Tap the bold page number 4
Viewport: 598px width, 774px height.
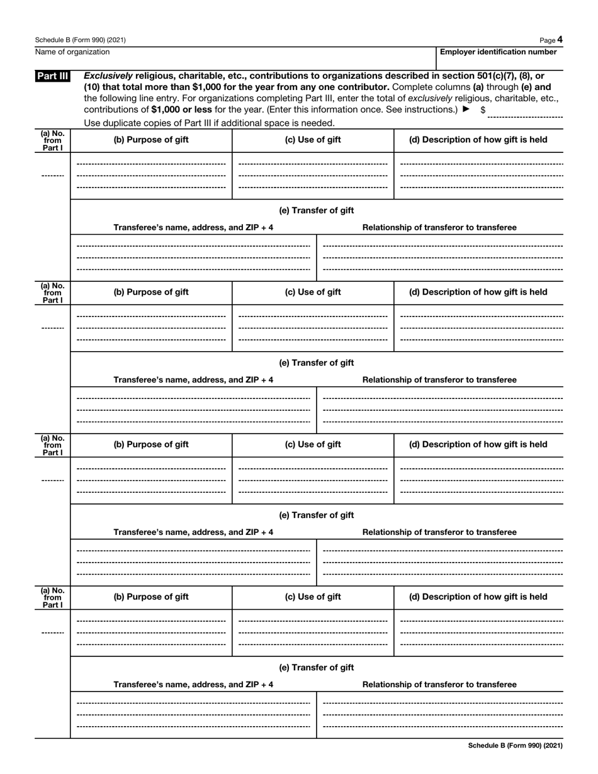pos(560,40)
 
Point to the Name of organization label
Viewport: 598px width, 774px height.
pos(72,52)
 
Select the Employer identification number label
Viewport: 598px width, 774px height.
pos(498,52)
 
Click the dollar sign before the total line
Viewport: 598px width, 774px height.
pos(483,109)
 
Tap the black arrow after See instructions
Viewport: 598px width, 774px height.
pos(466,109)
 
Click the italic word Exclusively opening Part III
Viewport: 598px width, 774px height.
pos(108,76)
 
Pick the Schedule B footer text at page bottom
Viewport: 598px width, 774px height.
pos(515,746)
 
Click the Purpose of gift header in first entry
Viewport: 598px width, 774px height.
pos(151,140)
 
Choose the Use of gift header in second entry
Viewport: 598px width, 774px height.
pos(313,292)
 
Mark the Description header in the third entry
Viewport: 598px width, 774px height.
pos(478,444)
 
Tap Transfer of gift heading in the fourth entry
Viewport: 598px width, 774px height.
pos(316,667)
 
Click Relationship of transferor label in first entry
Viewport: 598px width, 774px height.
pos(439,227)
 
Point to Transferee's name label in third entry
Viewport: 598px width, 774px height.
pos(193,532)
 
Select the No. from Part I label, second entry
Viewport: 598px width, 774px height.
pos(53,293)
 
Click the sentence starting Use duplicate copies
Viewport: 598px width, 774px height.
pos(209,122)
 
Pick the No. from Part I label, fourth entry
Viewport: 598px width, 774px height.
pos(53,597)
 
